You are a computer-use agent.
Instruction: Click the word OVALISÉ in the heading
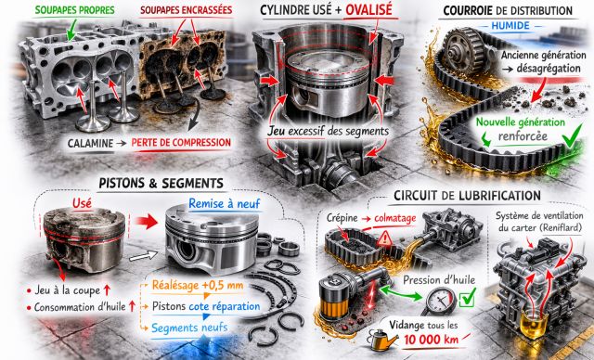(368, 10)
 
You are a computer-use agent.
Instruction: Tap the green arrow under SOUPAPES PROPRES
(71, 29)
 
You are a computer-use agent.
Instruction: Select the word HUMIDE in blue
(510, 26)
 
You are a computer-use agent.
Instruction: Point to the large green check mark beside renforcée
(573, 135)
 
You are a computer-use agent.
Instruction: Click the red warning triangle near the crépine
(385, 238)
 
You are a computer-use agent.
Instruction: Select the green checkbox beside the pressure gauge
(467, 298)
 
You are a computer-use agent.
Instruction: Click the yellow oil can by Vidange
(381, 339)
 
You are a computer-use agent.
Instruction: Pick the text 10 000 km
(431, 340)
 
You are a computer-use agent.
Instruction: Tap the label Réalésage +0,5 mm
(198, 285)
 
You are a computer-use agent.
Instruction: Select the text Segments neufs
(189, 328)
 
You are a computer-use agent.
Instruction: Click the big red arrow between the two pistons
(146, 221)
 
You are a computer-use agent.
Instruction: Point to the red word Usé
(83, 203)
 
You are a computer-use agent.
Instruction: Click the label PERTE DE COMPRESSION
(181, 143)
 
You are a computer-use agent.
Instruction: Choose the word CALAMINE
(90, 144)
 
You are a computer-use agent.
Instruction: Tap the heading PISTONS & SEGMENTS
(161, 184)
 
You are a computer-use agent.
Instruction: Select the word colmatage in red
(395, 218)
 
